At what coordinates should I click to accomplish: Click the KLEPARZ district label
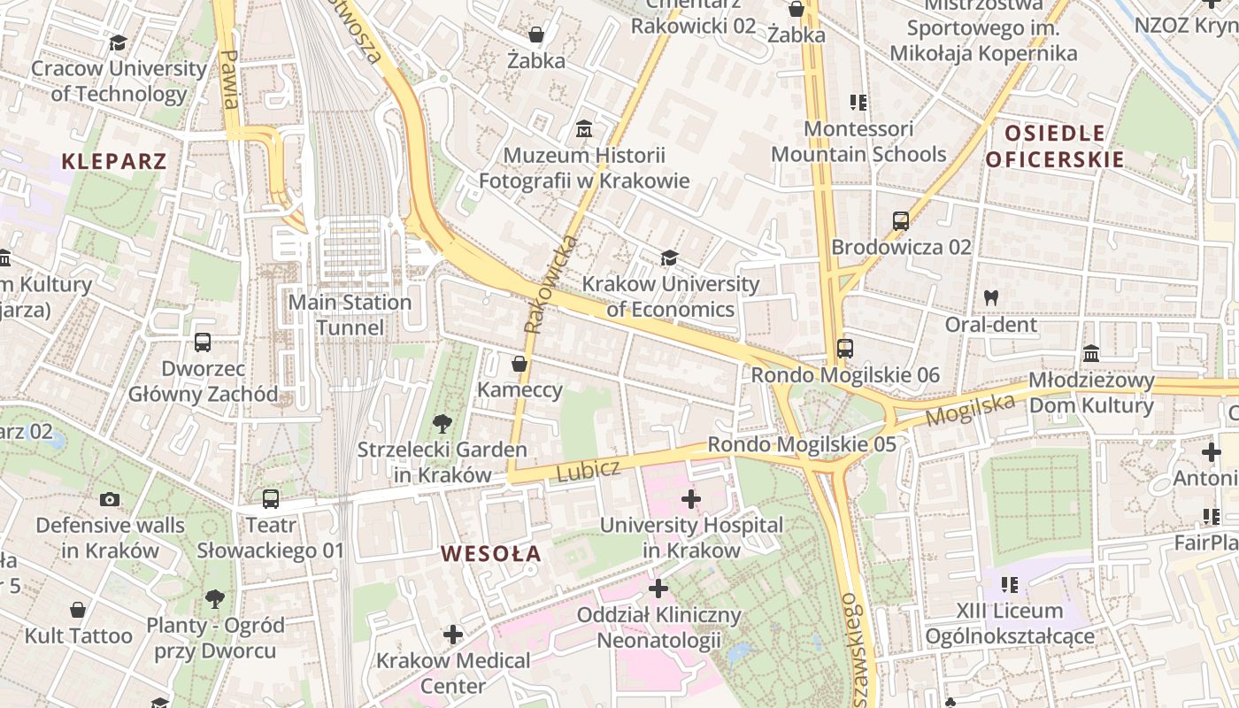pos(114,161)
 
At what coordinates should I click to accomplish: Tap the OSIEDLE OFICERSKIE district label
pos(1055,147)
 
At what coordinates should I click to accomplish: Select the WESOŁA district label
pos(491,554)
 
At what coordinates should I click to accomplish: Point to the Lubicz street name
pos(588,470)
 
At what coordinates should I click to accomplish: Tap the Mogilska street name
pos(970,409)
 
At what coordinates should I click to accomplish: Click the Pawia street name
pos(228,80)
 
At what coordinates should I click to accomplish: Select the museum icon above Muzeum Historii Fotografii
pos(584,130)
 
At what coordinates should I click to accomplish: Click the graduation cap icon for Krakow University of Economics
pos(670,258)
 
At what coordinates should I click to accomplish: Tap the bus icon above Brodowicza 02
pos(901,221)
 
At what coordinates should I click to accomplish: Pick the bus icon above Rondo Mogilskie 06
pos(845,349)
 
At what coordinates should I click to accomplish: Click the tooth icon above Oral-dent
pos(991,298)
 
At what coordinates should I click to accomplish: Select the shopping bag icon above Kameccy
pos(519,364)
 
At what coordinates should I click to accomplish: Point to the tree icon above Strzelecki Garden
pos(442,424)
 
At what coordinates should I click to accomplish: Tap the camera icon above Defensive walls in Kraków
pos(110,499)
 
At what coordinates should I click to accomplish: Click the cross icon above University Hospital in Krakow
pos(691,499)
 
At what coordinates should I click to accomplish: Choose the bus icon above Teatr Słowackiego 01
pos(271,499)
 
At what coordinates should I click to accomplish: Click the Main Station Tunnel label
pos(350,315)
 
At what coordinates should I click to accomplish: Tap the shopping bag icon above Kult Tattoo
pos(78,610)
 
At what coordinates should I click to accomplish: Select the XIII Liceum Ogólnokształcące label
pos(1010,623)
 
